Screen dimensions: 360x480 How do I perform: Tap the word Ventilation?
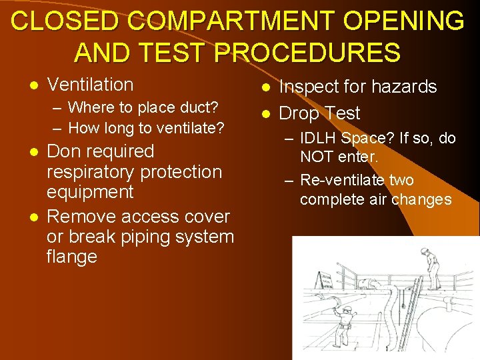[91, 85]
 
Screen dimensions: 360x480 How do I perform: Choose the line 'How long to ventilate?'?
[146, 127]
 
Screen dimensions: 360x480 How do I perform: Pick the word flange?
[72, 257]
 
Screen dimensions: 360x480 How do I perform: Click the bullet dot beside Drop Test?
[265, 114]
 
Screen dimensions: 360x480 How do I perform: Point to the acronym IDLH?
[320, 139]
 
